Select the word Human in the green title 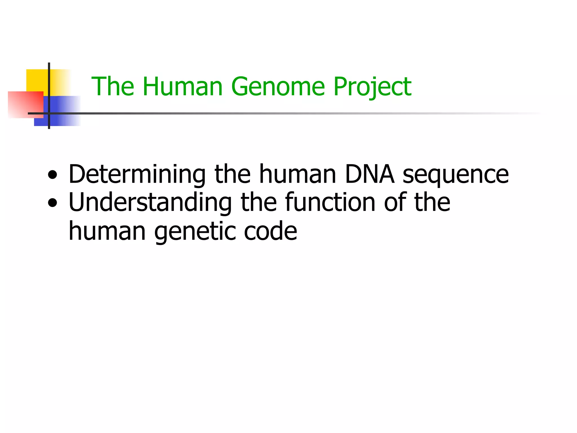(x=183, y=87)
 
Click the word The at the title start (x=113, y=87)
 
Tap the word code (x=270, y=231)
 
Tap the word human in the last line (x=107, y=231)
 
